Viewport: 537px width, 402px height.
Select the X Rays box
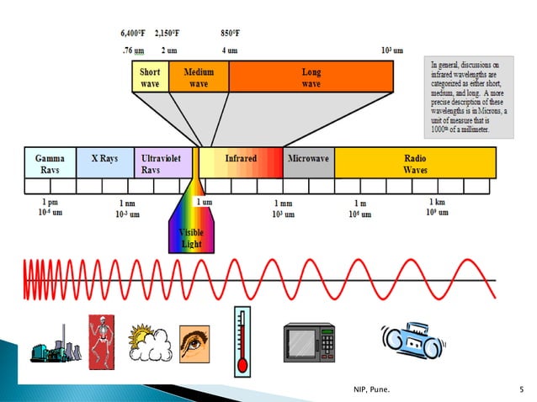coord(104,162)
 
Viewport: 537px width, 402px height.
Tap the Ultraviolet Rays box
coord(162,162)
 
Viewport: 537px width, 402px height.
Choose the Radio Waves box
coord(415,162)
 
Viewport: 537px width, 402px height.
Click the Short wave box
coord(150,77)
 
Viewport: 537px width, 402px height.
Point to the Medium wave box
coord(198,77)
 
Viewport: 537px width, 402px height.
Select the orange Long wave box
coord(311,77)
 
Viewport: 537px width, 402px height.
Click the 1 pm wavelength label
coord(50,203)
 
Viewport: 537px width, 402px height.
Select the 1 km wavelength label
coord(437,203)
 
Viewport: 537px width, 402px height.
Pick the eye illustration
coord(194,343)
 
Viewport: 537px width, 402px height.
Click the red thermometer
coord(243,340)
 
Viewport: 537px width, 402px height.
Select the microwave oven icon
coord(309,343)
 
